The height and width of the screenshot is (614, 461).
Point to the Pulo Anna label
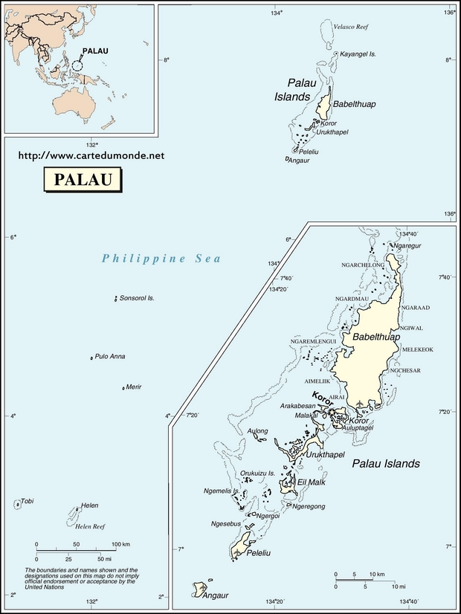[x=110, y=357]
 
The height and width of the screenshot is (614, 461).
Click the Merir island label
[x=134, y=387]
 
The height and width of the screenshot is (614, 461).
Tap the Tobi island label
[x=27, y=501]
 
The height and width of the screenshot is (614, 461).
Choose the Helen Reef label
[x=90, y=526]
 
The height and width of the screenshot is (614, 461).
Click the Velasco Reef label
[x=352, y=27]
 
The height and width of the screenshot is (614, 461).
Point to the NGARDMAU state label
[x=352, y=299]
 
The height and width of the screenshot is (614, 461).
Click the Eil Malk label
[x=312, y=482]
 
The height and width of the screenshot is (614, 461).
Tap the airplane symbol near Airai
[x=361, y=404]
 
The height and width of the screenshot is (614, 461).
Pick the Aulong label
[x=258, y=431]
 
